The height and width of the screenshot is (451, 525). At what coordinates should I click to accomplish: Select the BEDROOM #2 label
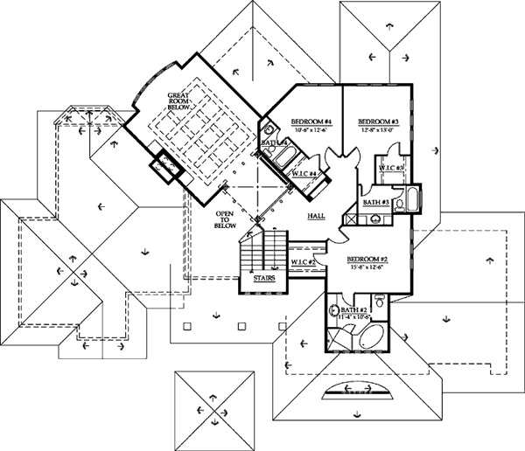pos(367,260)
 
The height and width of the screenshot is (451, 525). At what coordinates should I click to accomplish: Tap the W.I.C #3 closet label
pos(391,167)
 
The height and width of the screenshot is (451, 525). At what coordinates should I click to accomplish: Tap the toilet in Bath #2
pos(334,310)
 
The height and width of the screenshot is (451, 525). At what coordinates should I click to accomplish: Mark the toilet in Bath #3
pos(399,206)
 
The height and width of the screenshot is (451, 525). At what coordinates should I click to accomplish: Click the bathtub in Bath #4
pos(285,158)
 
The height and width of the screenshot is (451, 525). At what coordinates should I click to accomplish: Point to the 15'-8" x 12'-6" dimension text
pos(367,267)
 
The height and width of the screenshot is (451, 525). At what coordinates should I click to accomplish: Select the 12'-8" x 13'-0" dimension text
pos(378,129)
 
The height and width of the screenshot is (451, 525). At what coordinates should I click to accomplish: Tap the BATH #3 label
pos(375,203)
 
